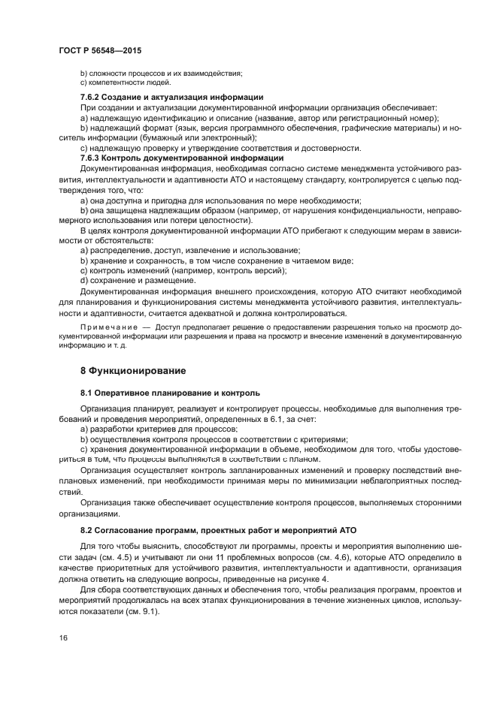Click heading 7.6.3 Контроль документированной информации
pyautogui.click(x=181, y=158)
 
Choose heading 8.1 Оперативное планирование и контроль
pyautogui.click(x=170, y=393)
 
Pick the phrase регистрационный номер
pyautogui.click(x=391, y=118)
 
